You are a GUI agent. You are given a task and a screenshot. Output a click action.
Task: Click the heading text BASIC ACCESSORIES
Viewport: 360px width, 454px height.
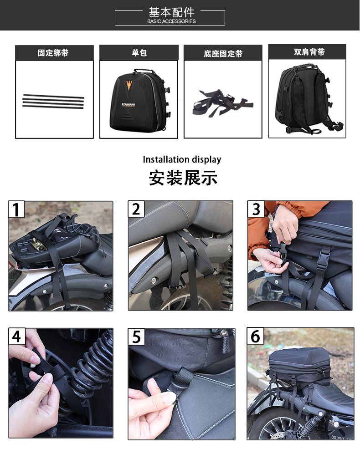click(x=171, y=21)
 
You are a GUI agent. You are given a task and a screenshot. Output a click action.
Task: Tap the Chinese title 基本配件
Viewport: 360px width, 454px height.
click(x=171, y=12)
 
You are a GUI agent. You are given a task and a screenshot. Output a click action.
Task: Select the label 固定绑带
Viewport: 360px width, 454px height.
click(x=53, y=53)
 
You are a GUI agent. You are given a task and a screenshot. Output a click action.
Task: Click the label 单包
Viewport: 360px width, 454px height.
click(x=139, y=53)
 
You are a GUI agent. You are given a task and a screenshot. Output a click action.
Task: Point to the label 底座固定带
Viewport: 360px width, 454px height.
click(x=223, y=54)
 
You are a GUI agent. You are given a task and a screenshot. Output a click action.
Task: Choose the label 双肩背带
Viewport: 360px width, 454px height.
click(x=309, y=52)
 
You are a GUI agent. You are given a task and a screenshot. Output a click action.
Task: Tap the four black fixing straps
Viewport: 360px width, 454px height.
click(x=53, y=102)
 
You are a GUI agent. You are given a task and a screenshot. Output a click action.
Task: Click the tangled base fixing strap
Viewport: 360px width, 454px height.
click(x=223, y=103)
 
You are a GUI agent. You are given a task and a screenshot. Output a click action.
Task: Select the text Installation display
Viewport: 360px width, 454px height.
click(x=182, y=159)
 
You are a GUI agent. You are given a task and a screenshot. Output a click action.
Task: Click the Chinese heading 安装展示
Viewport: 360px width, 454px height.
click(x=183, y=178)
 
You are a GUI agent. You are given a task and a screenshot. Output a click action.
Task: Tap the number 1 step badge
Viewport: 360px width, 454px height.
click(x=16, y=209)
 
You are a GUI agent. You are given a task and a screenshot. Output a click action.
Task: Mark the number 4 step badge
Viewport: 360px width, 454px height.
click(x=17, y=336)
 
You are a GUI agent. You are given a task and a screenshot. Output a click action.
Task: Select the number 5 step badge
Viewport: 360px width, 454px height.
click(x=137, y=337)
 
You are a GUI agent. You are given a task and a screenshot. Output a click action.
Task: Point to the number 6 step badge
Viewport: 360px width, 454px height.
click(x=255, y=336)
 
